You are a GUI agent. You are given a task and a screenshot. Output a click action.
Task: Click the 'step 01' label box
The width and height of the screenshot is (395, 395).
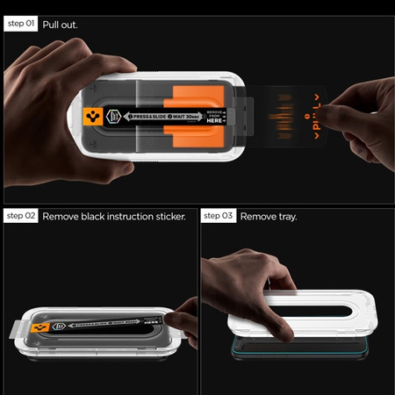21,25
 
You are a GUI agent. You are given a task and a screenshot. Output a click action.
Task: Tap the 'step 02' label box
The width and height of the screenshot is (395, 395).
21,215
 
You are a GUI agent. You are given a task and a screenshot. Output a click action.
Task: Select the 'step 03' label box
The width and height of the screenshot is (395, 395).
219,215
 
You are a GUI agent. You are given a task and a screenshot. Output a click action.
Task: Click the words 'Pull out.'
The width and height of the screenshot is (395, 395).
60,25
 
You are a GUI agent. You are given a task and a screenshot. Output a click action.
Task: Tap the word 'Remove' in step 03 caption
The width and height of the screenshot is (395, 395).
255,215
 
